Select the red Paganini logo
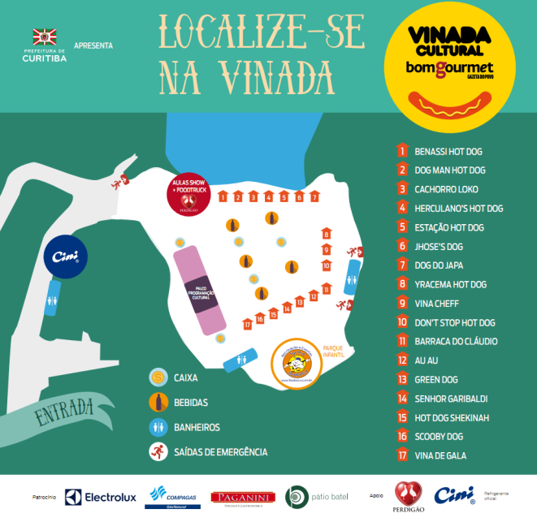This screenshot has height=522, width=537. (237, 497)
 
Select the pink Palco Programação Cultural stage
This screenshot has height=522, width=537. (199, 292)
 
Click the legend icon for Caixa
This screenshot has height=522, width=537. (158, 377)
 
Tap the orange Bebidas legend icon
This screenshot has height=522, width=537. (158, 402)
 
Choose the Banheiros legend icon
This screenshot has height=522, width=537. (158, 427)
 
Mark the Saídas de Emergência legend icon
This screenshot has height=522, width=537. (158, 451)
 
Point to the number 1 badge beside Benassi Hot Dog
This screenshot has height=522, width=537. (401, 151)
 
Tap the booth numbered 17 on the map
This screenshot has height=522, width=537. (247, 325)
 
